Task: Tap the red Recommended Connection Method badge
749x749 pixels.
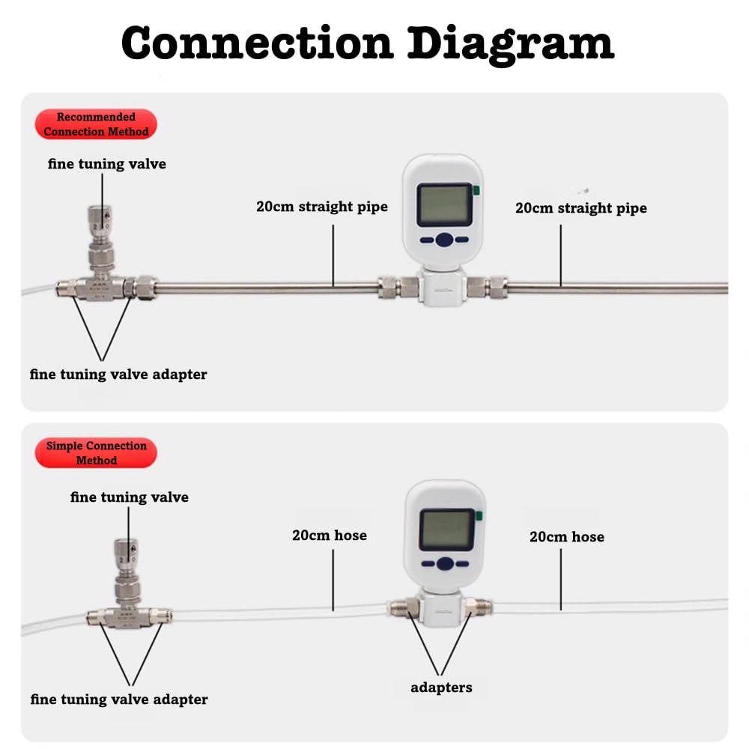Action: click(x=96, y=124)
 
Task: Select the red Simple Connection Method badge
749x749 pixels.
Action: click(x=96, y=452)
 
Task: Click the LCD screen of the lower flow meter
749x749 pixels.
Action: click(x=446, y=529)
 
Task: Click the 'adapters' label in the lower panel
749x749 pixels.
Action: click(x=441, y=687)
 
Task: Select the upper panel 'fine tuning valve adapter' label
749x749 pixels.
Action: click(x=118, y=374)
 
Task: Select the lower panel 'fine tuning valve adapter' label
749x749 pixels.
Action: click(x=119, y=699)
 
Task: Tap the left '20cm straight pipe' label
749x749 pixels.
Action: click(x=322, y=206)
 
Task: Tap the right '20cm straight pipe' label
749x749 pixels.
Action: click(x=580, y=207)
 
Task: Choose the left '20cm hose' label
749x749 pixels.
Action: click(x=330, y=535)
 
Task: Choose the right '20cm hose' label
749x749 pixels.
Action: click(x=566, y=536)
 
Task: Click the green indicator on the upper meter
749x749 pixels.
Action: click(x=476, y=191)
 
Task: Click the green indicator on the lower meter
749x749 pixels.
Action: click(x=477, y=515)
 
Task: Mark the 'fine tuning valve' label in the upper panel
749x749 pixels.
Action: click(x=107, y=163)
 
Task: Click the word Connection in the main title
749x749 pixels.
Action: click(x=257, y=43)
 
